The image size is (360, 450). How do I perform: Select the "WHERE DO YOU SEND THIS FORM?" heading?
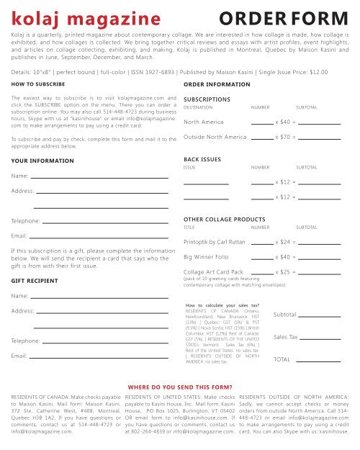click(189, 385)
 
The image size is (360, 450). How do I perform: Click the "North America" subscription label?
click(207, 122)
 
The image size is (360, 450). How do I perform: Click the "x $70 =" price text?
click(286, 137)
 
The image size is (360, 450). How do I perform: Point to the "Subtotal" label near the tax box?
click(287, 315)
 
